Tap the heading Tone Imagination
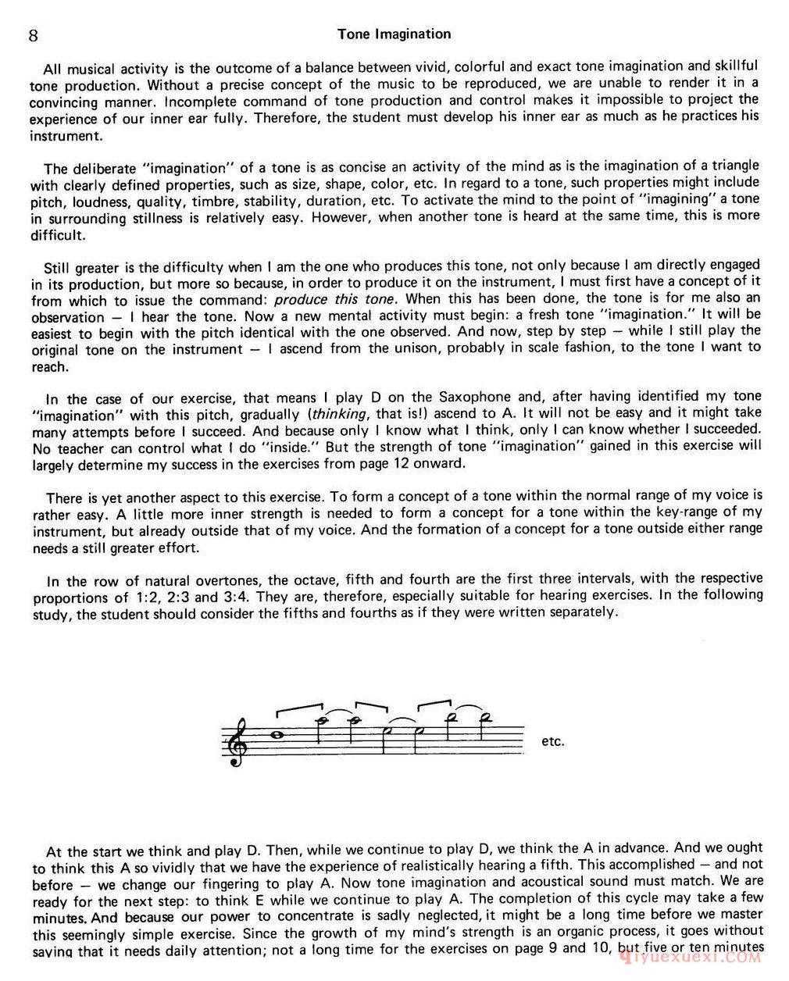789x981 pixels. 394,34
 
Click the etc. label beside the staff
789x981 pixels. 552,741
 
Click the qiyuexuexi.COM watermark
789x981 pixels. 688,956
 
